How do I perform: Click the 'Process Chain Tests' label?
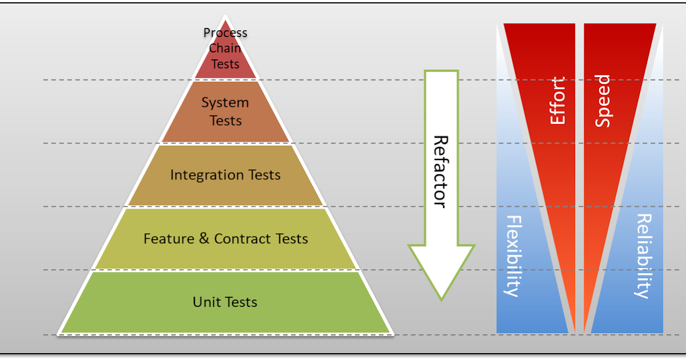[x=225, y=48]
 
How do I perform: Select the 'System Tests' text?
[x=225, y=111]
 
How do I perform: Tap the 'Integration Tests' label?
[x=225, y=175]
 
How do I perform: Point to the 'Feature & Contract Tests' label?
[x=225, y=238]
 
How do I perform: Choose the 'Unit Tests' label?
[x=225, y=302]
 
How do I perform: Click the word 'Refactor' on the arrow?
[x=439, y=171]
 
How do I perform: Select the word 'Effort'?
[x=557, y=101]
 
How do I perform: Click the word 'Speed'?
[x=603, y=101]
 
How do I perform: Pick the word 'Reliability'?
[x=644, y=256]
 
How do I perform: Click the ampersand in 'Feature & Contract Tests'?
[x=204, y=238]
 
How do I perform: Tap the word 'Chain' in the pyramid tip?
[x=225, y=48]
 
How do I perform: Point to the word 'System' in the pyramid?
[x=225, y=103]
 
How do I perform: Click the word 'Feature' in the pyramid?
[x=169, y=238]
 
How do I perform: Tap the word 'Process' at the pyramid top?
[x=225, y=33]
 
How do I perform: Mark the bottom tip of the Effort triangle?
[x=574, y=330]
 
